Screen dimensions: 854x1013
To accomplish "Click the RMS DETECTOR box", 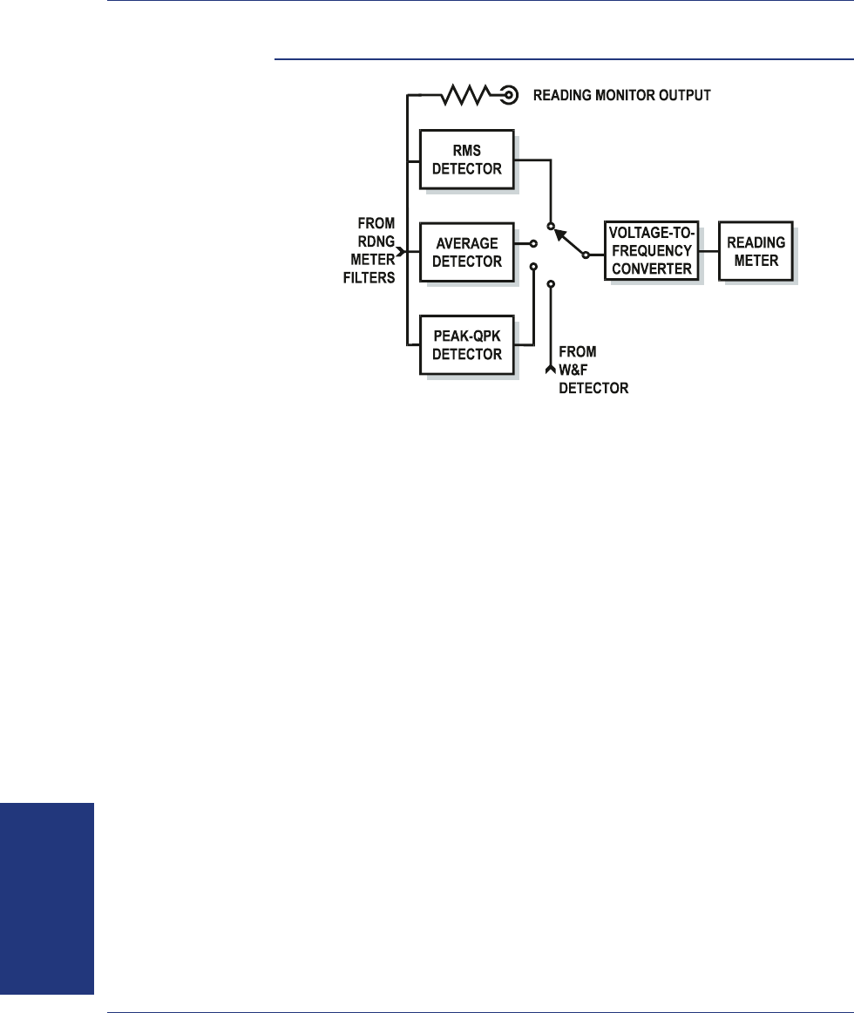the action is (x=466, y=160).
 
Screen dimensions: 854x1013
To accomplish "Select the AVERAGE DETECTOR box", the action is (x=466, y=253).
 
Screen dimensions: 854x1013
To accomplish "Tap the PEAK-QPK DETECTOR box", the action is (x=466, y=346).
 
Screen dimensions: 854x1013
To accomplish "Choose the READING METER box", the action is (x=756, y=250).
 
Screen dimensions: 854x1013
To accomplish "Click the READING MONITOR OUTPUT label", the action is (x=622, y=95).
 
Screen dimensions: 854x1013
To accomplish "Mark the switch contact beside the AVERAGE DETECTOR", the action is (x=533, y=244).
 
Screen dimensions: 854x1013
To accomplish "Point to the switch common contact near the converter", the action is (x=586, y=255).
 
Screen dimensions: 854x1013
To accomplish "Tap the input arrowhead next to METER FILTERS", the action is (x=401, y=252).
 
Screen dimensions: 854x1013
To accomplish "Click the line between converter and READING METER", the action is (x=710, y=251).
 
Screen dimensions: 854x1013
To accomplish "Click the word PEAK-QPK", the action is (x=466, y=338).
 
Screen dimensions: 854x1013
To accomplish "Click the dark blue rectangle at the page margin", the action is (x=46, y=898).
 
